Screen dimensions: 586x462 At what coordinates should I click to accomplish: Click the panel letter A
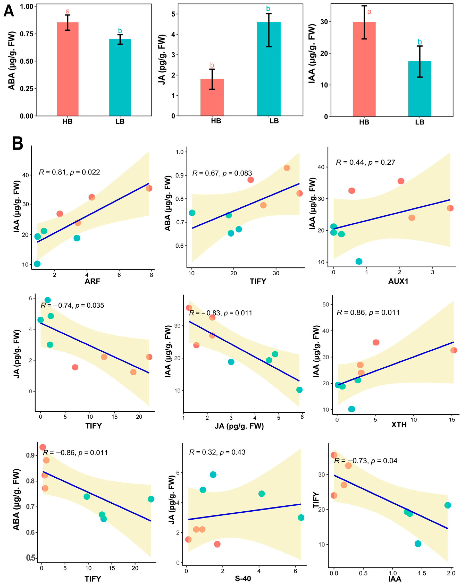(9, 12)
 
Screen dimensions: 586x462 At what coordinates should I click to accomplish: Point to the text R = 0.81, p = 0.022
(70, 172)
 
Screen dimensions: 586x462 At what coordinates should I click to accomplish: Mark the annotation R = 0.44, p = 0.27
(366, 162)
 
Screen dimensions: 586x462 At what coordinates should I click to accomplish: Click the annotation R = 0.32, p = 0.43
(217, 452)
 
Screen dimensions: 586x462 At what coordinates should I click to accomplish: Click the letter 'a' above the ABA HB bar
(68, 11)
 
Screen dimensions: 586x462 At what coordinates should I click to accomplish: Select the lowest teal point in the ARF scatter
(37, 264)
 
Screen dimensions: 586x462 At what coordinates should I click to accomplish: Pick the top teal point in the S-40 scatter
(213, 475)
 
